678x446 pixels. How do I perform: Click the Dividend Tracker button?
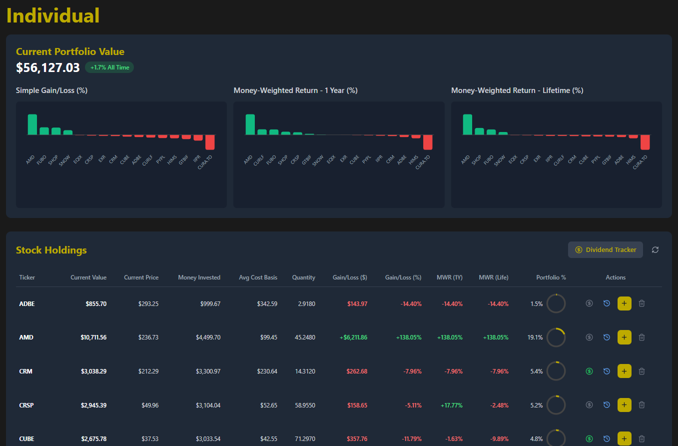(x=605, y=249)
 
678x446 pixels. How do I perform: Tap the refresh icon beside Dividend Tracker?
(x=655, y=249)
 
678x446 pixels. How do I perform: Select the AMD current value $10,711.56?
(x=93, y=337)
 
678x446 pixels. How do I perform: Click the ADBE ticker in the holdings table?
(x=27, y=303)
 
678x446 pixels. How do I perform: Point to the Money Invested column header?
(x=199, y=277)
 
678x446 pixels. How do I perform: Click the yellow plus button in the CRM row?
(x=624, y=371)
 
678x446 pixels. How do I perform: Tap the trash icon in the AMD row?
(x=642, y=337)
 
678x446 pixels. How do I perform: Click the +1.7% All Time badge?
(x=109, y=67)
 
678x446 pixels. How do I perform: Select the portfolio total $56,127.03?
(x=48, y=67)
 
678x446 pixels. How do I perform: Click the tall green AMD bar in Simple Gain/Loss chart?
(x=32, y=124)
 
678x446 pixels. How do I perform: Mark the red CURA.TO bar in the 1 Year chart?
(x=428, y=142)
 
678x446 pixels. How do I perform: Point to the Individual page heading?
(x=53, y=15)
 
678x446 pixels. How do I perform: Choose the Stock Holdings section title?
(x=51, y=250)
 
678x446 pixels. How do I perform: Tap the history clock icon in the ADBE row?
(x=607, y=303)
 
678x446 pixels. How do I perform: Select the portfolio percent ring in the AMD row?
(x=556, y=337)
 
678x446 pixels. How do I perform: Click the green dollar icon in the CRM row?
(x=589, y=371)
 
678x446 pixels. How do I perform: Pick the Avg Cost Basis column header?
(x=258, y=277)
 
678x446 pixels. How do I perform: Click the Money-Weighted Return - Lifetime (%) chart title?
(x=517, y=90)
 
